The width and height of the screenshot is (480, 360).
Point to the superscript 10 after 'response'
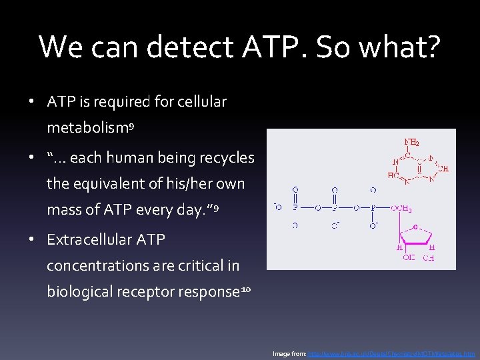(246, 288)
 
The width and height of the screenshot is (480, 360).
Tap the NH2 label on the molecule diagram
(412, 142)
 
